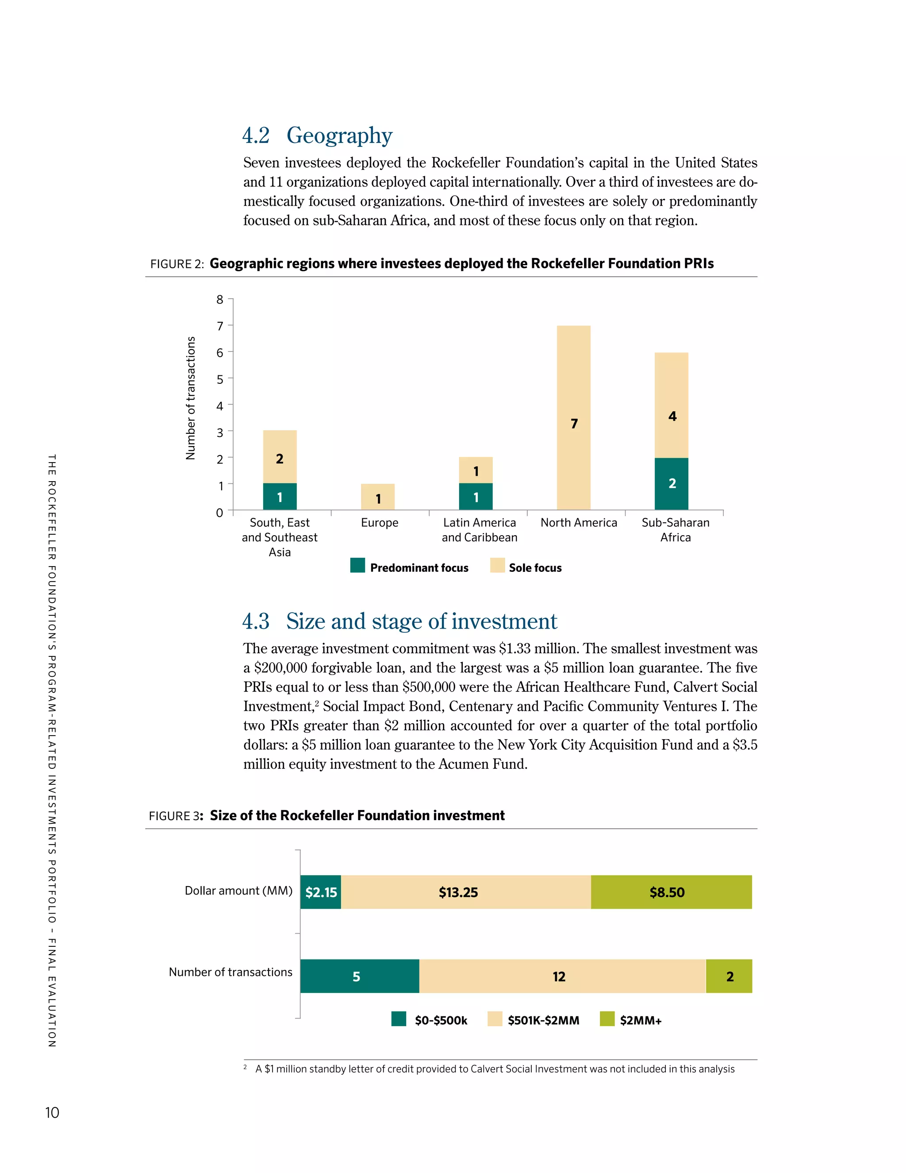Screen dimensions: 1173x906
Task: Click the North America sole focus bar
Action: point(573,417)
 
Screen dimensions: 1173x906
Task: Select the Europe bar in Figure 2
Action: point(377,497)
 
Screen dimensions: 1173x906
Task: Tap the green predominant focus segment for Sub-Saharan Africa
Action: point(671,483)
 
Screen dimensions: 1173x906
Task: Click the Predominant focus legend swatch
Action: point(357,566)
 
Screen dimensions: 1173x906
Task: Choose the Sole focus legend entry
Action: point(526,567)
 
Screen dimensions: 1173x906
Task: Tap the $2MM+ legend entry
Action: point(631,1019)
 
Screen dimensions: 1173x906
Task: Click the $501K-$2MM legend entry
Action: point(534,1019)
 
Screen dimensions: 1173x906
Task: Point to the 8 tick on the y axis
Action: point(219,300)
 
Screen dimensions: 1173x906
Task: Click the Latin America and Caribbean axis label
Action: point(479,529)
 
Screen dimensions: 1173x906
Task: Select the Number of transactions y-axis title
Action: point(191,398)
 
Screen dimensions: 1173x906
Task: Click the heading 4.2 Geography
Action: point(317,135)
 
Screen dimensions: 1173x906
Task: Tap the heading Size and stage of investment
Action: point(421,621)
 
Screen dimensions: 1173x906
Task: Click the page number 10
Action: point(52,1112)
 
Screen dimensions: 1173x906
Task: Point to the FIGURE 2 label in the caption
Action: point(177,264)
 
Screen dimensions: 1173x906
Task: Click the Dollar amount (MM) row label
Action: point(238,891)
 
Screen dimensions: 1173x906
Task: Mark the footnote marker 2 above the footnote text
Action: point(245,1067)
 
